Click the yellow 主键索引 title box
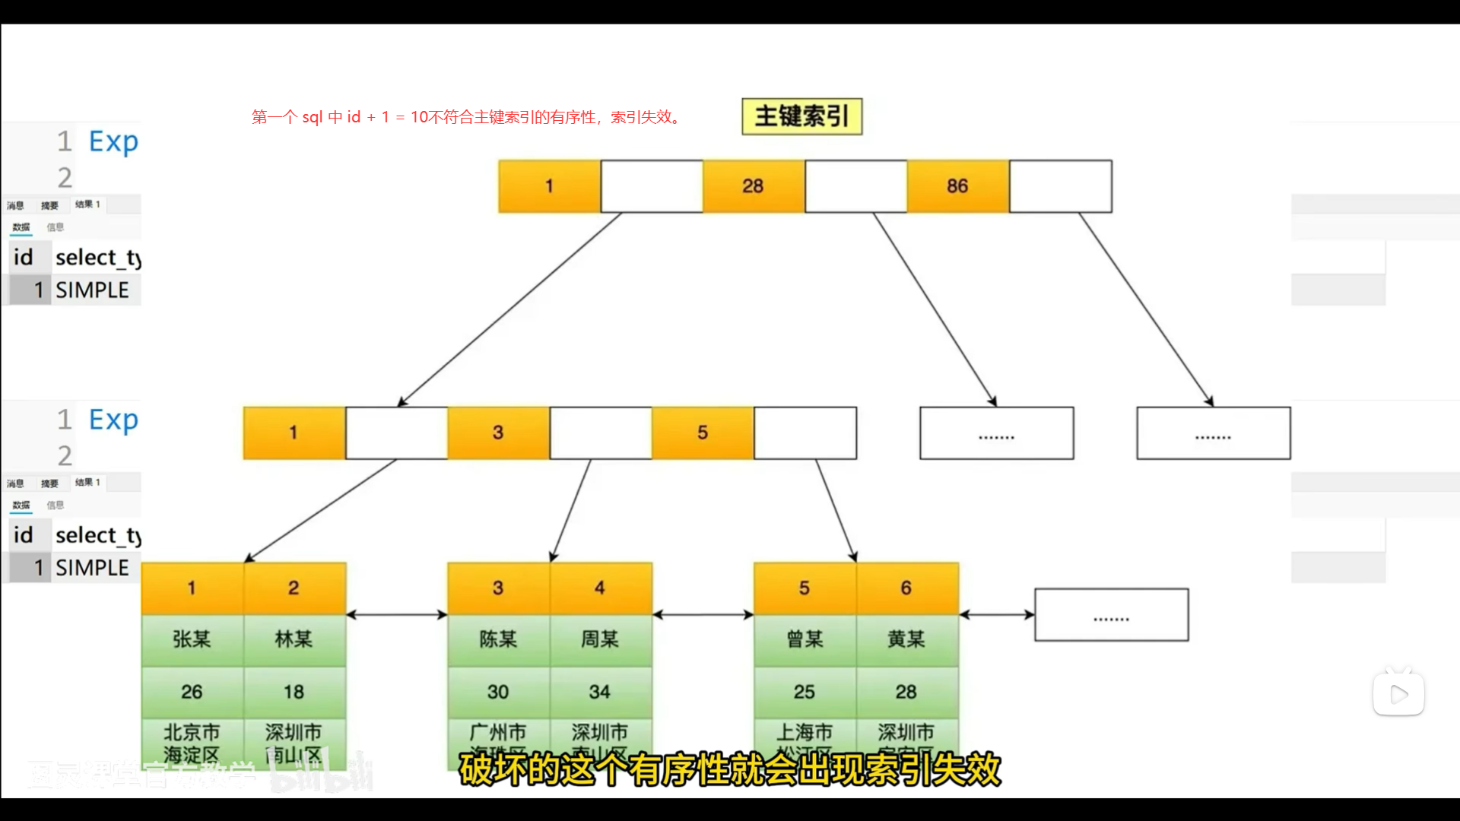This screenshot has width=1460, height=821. pos(801,116)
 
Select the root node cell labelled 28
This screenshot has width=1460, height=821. pos(753,186)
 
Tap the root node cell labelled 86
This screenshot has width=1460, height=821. pos(957,186)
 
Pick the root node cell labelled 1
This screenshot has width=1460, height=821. pos(549,186)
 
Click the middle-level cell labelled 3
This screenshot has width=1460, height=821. pos(498,433)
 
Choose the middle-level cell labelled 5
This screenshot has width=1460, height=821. pos(703,433)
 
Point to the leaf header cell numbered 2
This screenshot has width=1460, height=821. pos(294,588)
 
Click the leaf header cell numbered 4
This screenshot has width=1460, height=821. pos(600,588)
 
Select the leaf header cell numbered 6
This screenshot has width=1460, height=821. pos(906,588)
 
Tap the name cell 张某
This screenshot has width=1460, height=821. pos(192,640)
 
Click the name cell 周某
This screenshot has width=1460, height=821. pos(600,640)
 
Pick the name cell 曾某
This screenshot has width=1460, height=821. pos(805,640)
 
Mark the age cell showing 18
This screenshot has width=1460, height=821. pos(294,692)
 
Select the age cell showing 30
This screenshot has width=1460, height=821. pos(498,692)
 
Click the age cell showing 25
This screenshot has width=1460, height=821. pos(805,692)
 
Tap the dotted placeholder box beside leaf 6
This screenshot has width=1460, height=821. pos(1111,615)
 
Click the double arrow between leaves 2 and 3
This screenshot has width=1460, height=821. pos(397,614)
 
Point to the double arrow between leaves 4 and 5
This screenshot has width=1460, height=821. pos(703,614)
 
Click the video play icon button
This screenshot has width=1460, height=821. pos(1398,694)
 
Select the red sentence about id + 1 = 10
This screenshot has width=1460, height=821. pos(468,117)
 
